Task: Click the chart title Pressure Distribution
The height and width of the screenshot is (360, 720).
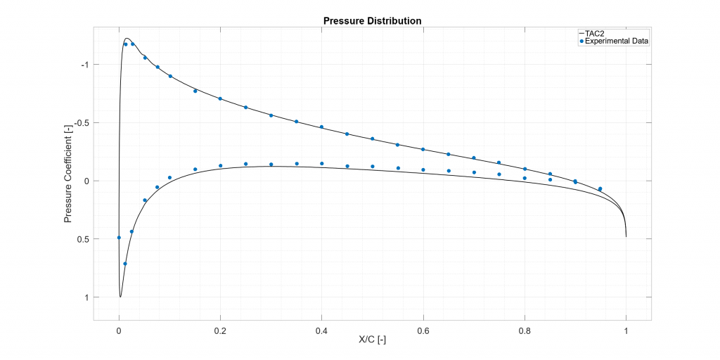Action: tap(372, 20)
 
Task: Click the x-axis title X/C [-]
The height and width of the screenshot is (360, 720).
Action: tap(372, 340)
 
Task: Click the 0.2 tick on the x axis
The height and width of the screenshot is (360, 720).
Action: tap(220, 328)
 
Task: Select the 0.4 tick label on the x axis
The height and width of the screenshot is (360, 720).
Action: tap(321, 328)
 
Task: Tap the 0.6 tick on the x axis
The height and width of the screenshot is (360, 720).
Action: tap(423, 328)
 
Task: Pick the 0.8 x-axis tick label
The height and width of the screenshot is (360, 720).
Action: tap(525, 328)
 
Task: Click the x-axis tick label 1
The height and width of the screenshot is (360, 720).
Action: tap(626, 328)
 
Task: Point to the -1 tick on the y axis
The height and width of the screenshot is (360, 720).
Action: tap(84, 65)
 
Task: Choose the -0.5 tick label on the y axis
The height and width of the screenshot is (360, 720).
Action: tap(81, 123)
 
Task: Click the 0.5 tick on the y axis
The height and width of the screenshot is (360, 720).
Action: tap(83, 239)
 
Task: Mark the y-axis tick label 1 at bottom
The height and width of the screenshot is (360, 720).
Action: tap(86, 297)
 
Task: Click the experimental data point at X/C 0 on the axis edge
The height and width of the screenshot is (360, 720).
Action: tap(119, 238)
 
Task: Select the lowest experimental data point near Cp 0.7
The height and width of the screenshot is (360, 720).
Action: tap(125, 264)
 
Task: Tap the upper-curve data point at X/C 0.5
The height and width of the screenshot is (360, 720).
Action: tap(373, 139)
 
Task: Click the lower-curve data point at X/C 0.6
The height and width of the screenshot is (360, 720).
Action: tap(423, 169)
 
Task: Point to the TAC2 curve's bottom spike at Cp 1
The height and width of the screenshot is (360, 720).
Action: tap(120, 297)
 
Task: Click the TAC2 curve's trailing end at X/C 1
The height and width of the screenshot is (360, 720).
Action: tap(626, 236)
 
